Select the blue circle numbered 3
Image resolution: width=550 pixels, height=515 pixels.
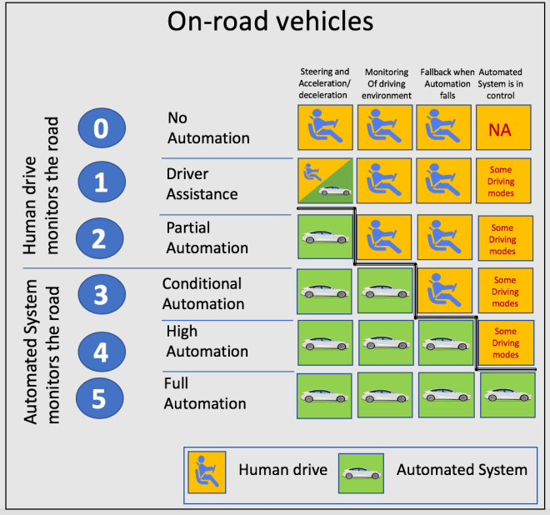[101, 295]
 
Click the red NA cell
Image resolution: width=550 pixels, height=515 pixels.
[505, 129]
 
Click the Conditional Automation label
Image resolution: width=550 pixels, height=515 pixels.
[202, 294]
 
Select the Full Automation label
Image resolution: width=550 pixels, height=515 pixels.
[205, 393]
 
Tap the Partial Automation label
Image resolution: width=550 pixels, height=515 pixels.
[207, 237]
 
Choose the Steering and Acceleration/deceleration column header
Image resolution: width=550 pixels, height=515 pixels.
[324, 83]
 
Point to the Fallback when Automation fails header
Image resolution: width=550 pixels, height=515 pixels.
[446, 83]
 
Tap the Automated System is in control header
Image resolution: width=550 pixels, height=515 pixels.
[506, 83]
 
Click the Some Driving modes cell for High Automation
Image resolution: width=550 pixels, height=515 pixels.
[505, 342]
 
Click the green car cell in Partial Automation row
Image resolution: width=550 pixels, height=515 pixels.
[325, 238]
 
